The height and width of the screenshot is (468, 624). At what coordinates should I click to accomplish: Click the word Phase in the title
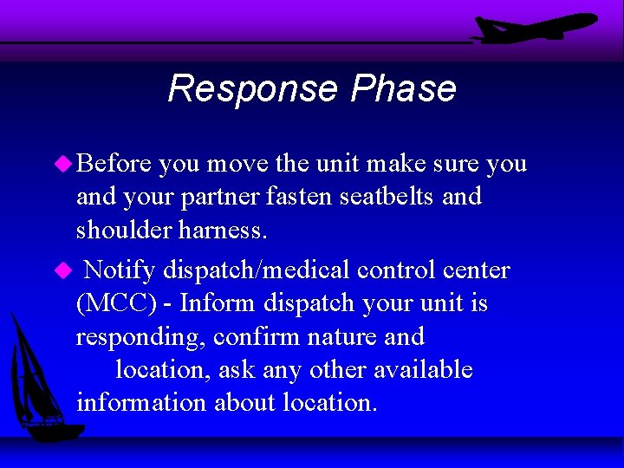click(x=403, y=89)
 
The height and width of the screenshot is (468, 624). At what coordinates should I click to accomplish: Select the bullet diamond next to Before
click(x=63, y=164)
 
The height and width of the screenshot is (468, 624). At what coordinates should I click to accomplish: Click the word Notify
click(x=120, y=270)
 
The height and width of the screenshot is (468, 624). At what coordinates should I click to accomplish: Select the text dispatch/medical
click(x=256, y=270)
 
